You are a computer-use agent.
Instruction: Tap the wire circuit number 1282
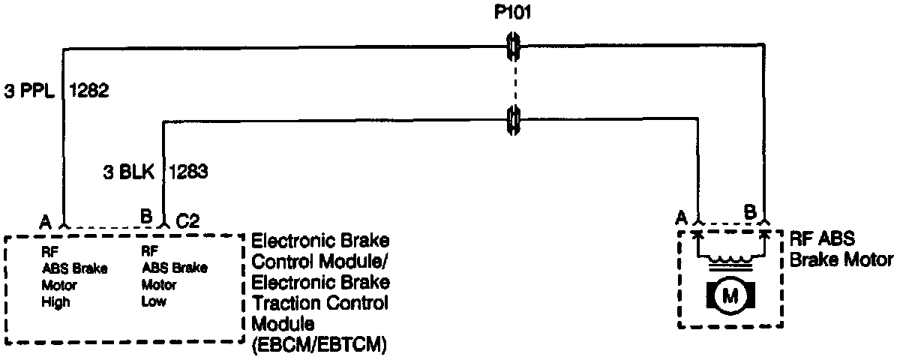(x=89, y=91)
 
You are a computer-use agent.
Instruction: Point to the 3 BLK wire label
(x=129, y=172)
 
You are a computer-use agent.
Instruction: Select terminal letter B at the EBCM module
(x=146, y=218)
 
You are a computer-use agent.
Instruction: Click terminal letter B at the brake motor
(x=748, y=212)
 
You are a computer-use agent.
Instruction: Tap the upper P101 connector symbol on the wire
(x=514, y=47)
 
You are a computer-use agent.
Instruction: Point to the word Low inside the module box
(x=154, y=302)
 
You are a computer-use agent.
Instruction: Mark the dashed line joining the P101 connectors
(x=514, y=82)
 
